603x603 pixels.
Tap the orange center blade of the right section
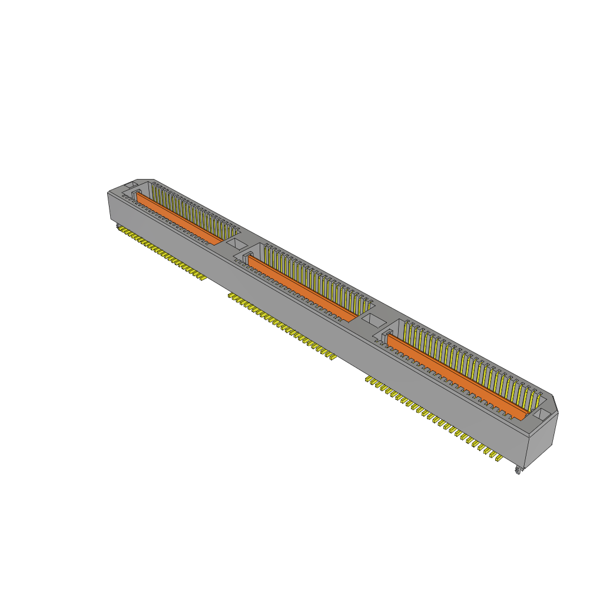tap(453, 377)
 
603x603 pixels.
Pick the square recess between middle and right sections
tap(372, 322)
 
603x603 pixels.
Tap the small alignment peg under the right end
tap(518, 470)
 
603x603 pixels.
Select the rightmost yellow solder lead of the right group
tap(499, 458)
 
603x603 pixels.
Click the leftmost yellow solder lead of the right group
tap(369, 380)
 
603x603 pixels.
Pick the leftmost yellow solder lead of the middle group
tap(231, 296)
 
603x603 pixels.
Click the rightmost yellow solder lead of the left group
tap(203, 277)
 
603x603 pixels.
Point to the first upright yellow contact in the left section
tap(154, 188)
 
